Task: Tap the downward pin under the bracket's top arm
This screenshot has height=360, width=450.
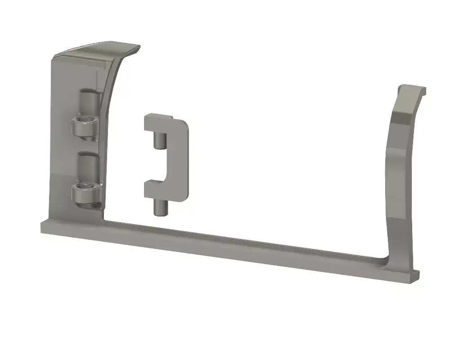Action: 158,140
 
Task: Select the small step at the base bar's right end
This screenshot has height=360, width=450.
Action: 415,276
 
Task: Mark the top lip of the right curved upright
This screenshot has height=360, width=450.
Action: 412,89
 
